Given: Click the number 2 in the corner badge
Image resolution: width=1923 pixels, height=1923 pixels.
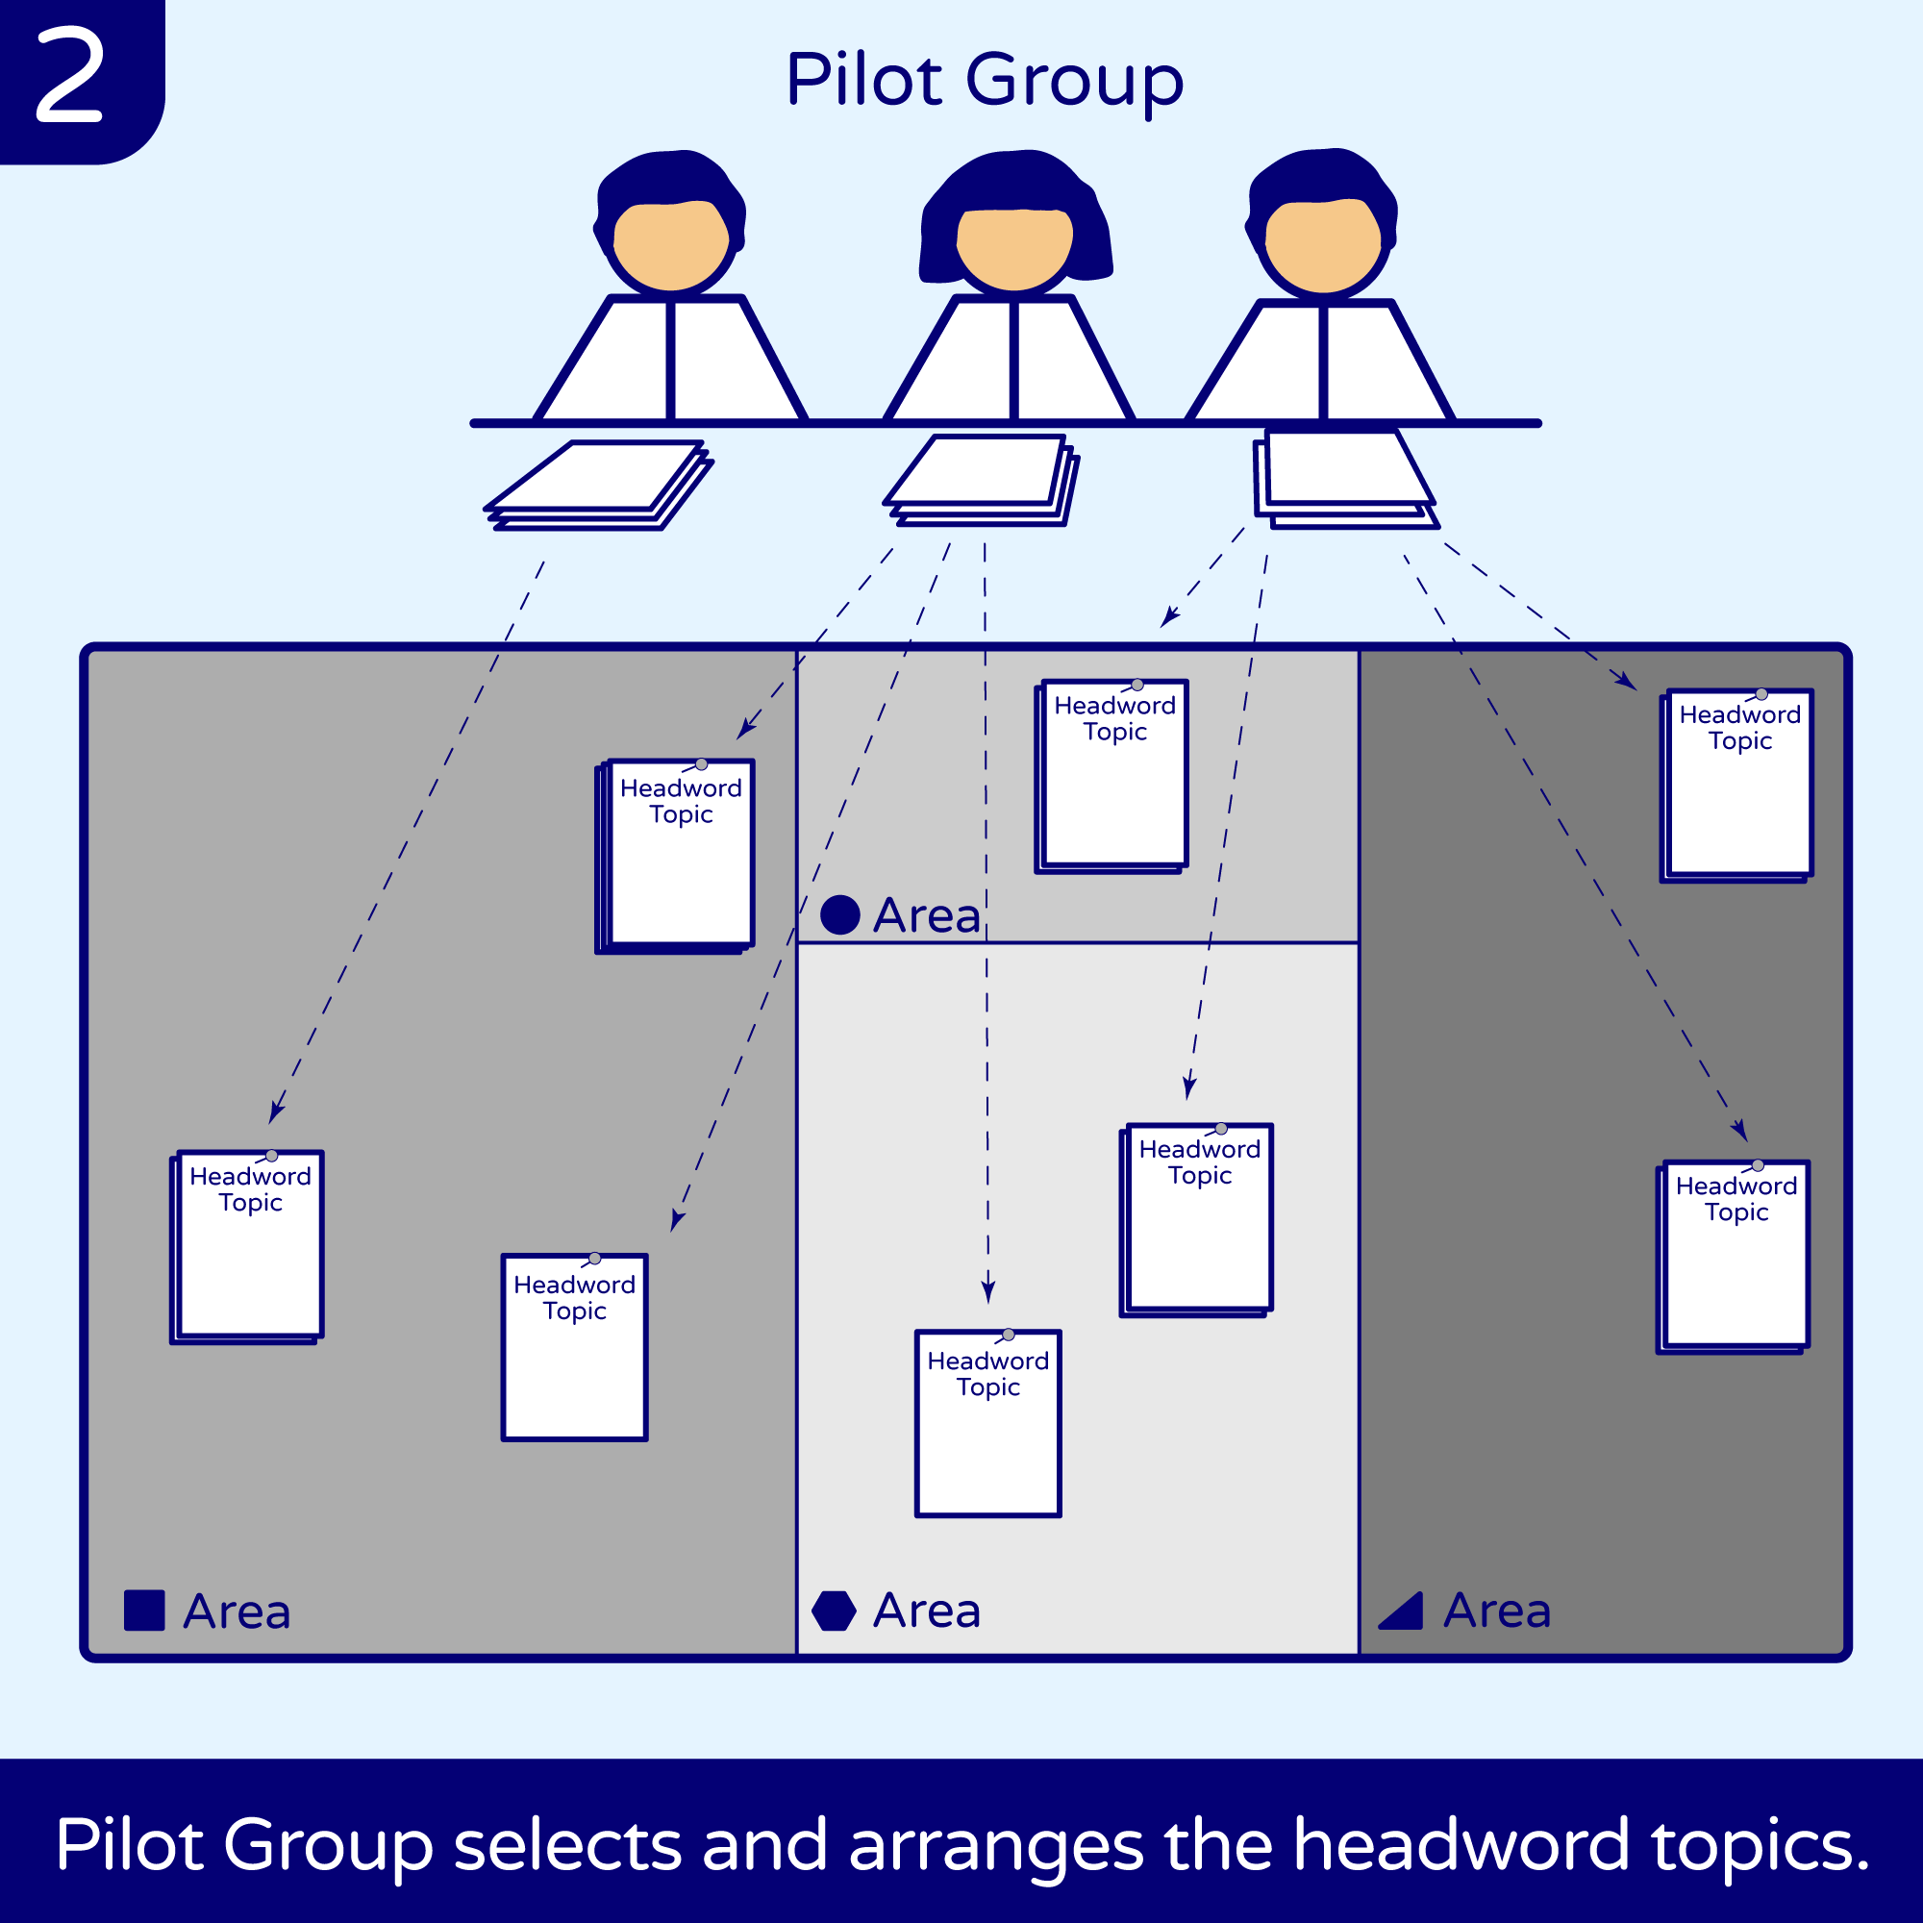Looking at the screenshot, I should point(69,75).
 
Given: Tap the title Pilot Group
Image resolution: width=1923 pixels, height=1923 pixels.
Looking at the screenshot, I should point(984,80).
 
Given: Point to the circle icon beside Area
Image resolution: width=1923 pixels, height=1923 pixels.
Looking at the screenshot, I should point(840,914).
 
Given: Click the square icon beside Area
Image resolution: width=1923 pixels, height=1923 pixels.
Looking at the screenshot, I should point(144,1611).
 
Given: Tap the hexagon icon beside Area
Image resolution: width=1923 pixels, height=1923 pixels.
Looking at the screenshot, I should point(834,1611).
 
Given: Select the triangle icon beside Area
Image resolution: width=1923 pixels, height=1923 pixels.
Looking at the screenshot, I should point(1404,1611).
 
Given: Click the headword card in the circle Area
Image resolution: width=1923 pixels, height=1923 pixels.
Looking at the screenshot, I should point(1113,774).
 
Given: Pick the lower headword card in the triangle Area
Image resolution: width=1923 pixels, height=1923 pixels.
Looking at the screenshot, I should point(1735,1256).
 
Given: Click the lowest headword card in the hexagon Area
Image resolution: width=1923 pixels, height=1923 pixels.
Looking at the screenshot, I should point(988,1423).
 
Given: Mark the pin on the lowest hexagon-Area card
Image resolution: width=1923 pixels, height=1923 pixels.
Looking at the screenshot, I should point(1009,1335).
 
